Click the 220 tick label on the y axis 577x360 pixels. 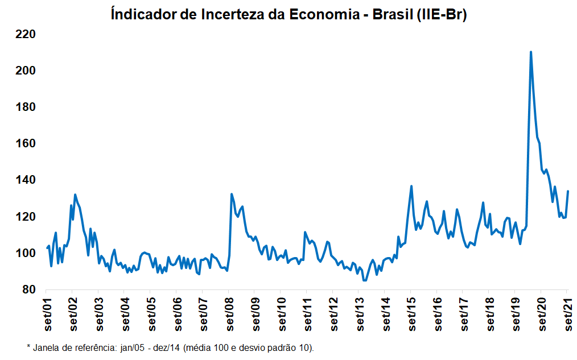pos(26,34)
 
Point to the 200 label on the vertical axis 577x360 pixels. pos(26,71)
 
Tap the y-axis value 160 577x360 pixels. pos(26,143)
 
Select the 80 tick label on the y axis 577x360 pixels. pos(28,290)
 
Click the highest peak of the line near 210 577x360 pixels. pos(531,52)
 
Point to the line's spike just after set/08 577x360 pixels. pos(232,194)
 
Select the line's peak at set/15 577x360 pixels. pos(411,186)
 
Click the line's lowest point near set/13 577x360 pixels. pos(365,280)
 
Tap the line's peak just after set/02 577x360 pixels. pos(75,195)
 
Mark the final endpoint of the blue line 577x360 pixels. pos(568,191)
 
